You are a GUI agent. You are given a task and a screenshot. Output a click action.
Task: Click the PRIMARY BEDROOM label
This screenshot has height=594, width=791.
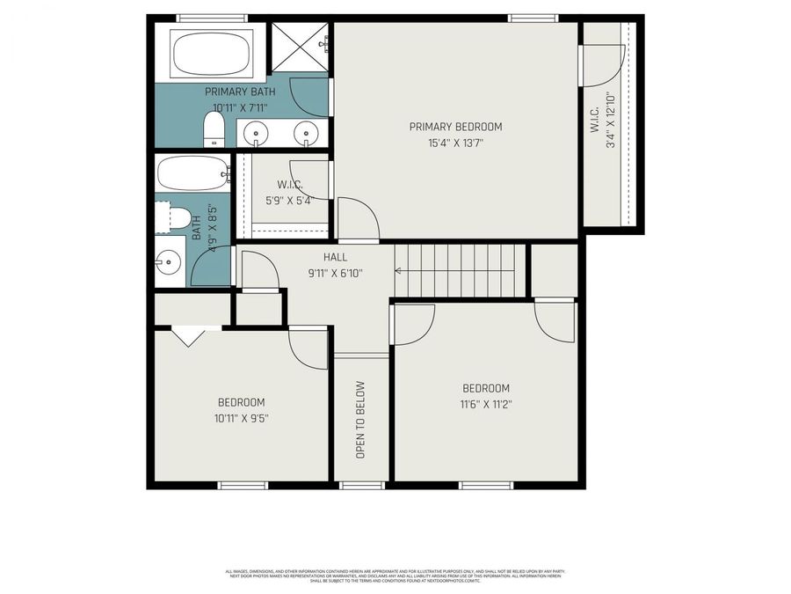click(455, 127)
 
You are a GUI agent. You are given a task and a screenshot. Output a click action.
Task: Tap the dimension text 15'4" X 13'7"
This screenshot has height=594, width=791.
click(455, 142)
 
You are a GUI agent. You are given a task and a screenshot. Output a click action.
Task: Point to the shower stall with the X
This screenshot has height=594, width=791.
click(299, 47)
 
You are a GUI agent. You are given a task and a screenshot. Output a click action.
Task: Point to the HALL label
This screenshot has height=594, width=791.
click(335, 257)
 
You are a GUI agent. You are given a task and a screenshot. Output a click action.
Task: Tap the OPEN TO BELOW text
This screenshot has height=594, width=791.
click(360, 420)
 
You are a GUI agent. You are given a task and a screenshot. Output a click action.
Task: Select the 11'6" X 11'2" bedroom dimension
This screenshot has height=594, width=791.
click(485, 404)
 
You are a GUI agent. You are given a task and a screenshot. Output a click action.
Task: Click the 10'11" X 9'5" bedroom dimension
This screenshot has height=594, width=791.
click(241, 418)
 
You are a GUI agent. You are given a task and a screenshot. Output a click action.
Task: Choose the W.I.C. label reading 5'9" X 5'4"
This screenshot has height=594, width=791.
click(289, 192)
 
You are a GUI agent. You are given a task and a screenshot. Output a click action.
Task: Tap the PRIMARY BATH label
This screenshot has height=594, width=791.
click(240, 92)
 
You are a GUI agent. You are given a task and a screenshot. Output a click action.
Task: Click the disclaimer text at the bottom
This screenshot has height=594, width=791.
click(395, 576)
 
